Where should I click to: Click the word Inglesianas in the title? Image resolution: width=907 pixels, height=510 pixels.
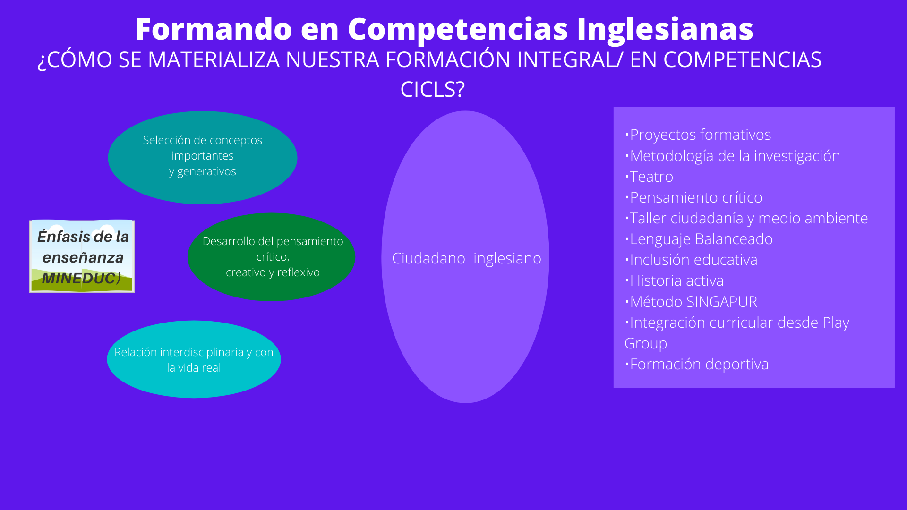[665, 29]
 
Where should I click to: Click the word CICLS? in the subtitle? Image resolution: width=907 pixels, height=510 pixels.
[432, 89]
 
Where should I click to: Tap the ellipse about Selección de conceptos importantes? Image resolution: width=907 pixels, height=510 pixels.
[203, 157]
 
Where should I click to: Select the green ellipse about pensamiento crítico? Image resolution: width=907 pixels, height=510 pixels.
[272, 257]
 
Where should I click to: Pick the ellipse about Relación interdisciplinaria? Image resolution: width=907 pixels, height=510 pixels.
[194, 359]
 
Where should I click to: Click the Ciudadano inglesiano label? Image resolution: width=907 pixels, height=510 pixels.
[467, 258]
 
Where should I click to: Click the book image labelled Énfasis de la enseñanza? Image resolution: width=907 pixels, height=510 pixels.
[82, 256]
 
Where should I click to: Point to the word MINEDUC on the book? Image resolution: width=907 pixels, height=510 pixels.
[79, 278]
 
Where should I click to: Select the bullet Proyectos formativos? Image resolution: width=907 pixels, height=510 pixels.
[698, 135]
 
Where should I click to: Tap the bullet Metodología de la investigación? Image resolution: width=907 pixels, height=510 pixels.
[732, 156]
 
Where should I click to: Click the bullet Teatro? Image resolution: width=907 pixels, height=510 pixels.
[649, 177]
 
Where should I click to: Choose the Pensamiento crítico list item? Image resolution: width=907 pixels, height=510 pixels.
[693, 197]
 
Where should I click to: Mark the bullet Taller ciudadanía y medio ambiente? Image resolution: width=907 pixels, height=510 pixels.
[746, 218]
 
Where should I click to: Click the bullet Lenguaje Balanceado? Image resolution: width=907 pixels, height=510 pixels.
[699, 239]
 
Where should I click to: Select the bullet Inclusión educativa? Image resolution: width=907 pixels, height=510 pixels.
[691, 260]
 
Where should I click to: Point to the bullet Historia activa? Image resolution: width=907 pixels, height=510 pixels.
[674, 280]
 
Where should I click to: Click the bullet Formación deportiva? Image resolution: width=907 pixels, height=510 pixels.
[697, 365]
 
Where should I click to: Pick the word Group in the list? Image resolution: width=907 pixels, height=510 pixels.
[646, 344]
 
